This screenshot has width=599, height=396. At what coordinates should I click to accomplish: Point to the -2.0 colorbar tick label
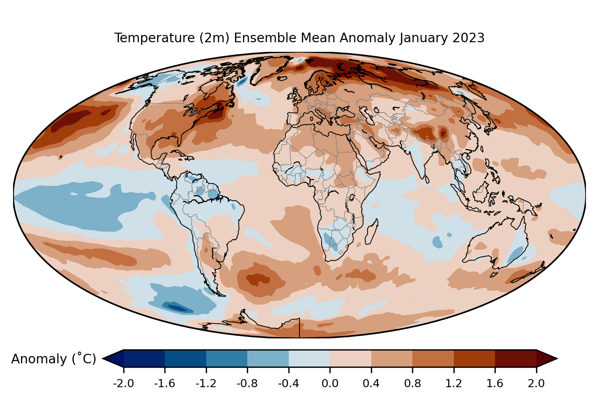[x=123, y=383]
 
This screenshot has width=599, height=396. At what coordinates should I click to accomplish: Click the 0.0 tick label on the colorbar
[x=330, y=383]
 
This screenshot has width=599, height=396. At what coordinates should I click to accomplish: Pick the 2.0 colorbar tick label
[x=536, y=383]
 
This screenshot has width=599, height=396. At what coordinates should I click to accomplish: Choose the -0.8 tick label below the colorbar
[x=247, y=383]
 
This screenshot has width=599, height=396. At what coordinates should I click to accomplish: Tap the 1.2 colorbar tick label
[x=453, y=383]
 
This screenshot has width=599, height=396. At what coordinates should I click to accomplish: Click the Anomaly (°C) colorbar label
[x=54, y=359]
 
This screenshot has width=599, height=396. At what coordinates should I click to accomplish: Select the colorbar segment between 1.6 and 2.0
[x=515, y=358]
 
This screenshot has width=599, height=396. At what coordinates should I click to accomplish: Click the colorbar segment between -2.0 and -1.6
[x=144, y=358]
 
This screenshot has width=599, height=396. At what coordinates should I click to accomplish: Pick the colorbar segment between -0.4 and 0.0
[x=309, y=358]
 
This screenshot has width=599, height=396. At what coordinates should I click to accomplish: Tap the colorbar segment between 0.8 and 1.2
[x=433, y=358]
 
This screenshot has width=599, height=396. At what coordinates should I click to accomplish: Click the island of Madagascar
[x=371, y=232]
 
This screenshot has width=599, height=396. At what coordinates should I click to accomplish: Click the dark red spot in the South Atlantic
[x=257, y=278]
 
